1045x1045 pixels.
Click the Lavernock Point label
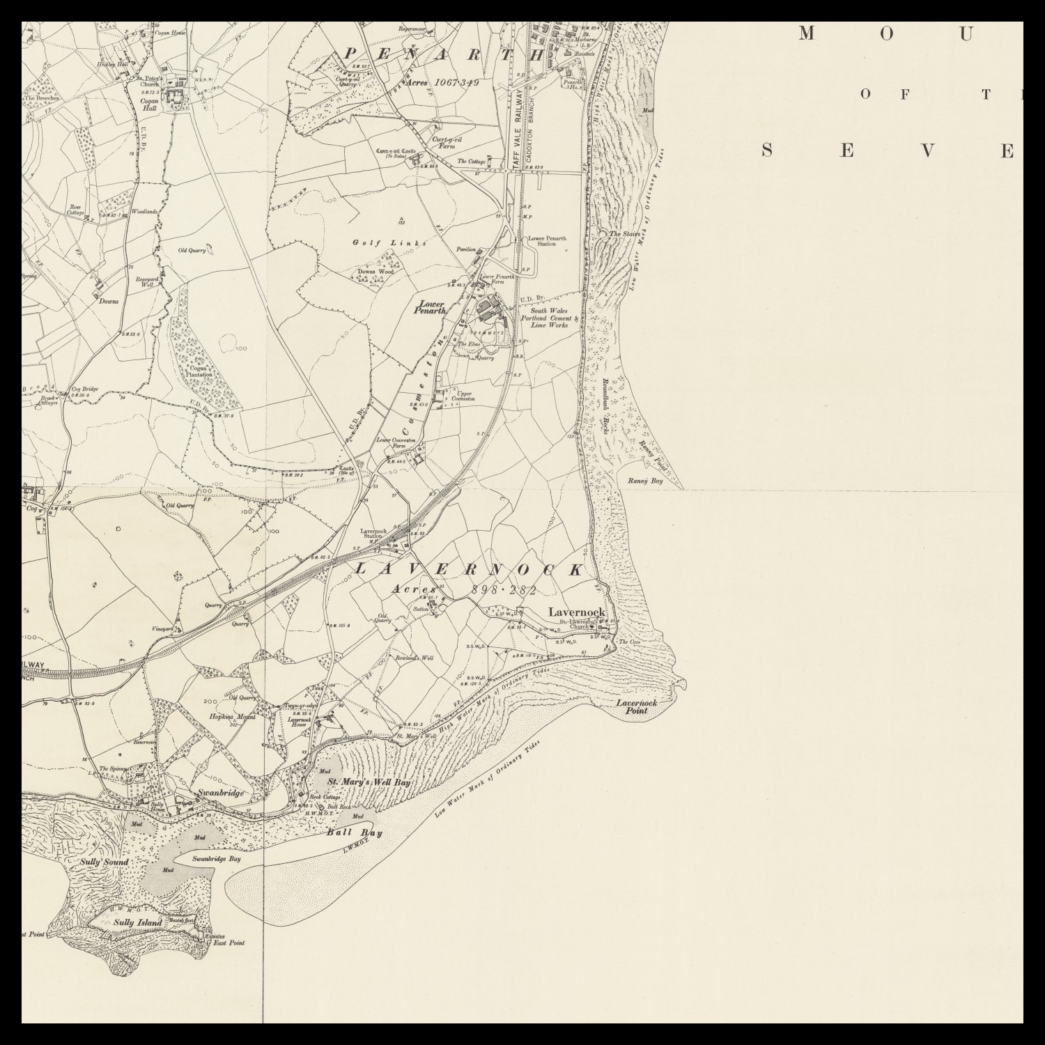(x=636, y=706)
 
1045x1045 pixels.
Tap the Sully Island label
(x=138, y=923)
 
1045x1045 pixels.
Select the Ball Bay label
(x=355, y=833)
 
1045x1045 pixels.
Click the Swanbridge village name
(x=220, y=793)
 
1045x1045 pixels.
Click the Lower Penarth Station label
(x=547, y=241)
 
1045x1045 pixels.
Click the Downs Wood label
(x=376, y=272)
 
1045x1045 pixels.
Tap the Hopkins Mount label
(x=232, y=716)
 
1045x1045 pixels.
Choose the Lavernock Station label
(x=373, y=534)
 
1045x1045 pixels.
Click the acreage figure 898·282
(x=504, y=590)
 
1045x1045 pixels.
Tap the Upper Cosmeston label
(x=463, y=396)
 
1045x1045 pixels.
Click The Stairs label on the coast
(x=624, y=234)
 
